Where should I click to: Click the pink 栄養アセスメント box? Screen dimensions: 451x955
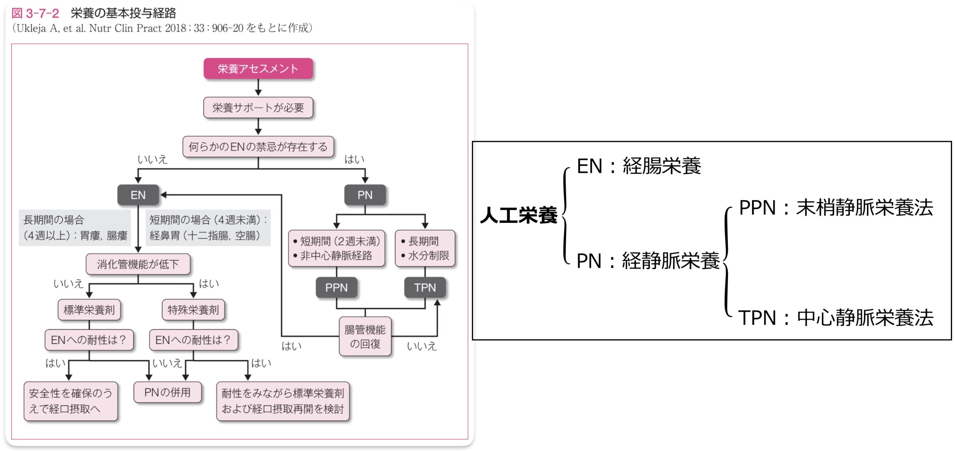[258, 69]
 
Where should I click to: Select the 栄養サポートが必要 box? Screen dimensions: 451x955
[258, 108]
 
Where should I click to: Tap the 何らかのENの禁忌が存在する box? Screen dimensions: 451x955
[258, 147]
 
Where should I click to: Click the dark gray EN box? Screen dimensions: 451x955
[138, 195]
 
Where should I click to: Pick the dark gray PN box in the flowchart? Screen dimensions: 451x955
[365, 195]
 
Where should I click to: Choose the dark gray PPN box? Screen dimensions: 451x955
[336, 287]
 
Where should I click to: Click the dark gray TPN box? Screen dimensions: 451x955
[425, 287]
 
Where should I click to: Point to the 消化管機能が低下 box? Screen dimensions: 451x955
[138, 264]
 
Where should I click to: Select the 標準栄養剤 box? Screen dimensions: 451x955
[89, 310]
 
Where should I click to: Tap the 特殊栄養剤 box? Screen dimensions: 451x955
[193, 310]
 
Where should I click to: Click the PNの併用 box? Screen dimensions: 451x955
[167, 392]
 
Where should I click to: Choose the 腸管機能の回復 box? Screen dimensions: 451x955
[365, 337]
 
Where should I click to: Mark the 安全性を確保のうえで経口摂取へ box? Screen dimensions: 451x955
[71, 401]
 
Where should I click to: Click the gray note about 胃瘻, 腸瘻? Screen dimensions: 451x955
[75, 228]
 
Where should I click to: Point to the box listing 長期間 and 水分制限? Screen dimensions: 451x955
[425, 248]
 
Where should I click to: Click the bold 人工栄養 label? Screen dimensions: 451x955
[519, 215]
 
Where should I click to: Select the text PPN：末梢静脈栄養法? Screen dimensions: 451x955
[836, 208]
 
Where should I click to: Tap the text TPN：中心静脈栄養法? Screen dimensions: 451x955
[836, 318]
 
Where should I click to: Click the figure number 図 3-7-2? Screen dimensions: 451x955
[35, 13]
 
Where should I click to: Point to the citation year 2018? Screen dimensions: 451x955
[175, 28]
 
